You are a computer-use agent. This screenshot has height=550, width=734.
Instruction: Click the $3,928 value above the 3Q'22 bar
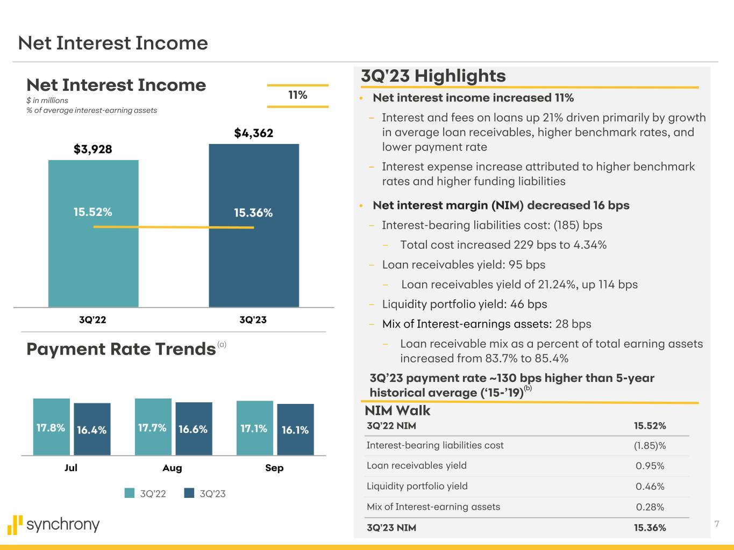(93, 149)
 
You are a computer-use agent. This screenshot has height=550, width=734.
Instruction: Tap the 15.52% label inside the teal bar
(93, 212)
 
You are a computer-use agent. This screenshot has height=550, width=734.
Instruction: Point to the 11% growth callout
(298, 96)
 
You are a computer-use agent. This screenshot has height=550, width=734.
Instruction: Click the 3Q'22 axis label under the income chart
(92, 320)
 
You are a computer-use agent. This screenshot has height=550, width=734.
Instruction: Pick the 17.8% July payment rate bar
(51, 428)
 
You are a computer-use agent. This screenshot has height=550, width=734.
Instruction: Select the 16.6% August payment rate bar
(194, 429)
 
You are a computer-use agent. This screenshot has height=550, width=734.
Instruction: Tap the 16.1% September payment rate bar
(295, 430)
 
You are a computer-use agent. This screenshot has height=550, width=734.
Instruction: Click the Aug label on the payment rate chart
(172, 468)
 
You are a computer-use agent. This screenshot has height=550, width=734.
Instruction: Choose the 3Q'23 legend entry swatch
(189, 493)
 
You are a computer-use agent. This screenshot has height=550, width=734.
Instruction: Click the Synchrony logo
(54, 525)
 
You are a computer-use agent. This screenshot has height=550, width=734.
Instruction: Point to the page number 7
(717, 524)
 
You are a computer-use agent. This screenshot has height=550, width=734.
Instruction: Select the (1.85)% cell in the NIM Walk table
(650, 445)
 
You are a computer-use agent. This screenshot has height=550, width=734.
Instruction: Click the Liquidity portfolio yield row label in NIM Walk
(417, 486)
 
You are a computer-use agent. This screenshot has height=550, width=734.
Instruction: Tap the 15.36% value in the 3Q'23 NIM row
(650, 527)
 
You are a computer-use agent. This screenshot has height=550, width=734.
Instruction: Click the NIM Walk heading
(397, 411)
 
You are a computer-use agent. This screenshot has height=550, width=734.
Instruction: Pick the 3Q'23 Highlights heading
(433, 76)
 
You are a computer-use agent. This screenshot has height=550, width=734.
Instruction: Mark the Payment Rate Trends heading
(121, 349)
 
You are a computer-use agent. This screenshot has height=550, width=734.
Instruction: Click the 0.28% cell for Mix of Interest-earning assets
(650, 507)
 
